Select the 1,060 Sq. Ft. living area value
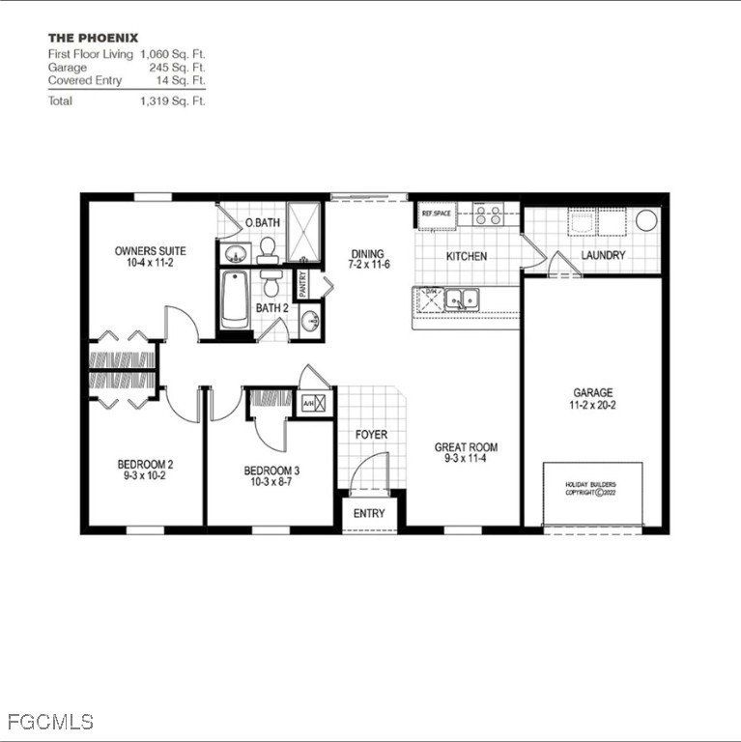[x=172, y=55]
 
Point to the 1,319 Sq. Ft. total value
[x=172, y=100]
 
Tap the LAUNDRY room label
[x=603, y=256]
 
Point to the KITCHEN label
[x=466, y=257]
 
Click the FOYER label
[x=371, y=435]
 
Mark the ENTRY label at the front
[x=369, y=514]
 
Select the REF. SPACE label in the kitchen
[x=437, y=213]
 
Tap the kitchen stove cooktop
[x=488, y=214]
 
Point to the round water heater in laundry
[x=646, y=220]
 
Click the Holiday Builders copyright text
[x=590, y=488]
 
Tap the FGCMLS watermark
[x=50, y=722]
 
